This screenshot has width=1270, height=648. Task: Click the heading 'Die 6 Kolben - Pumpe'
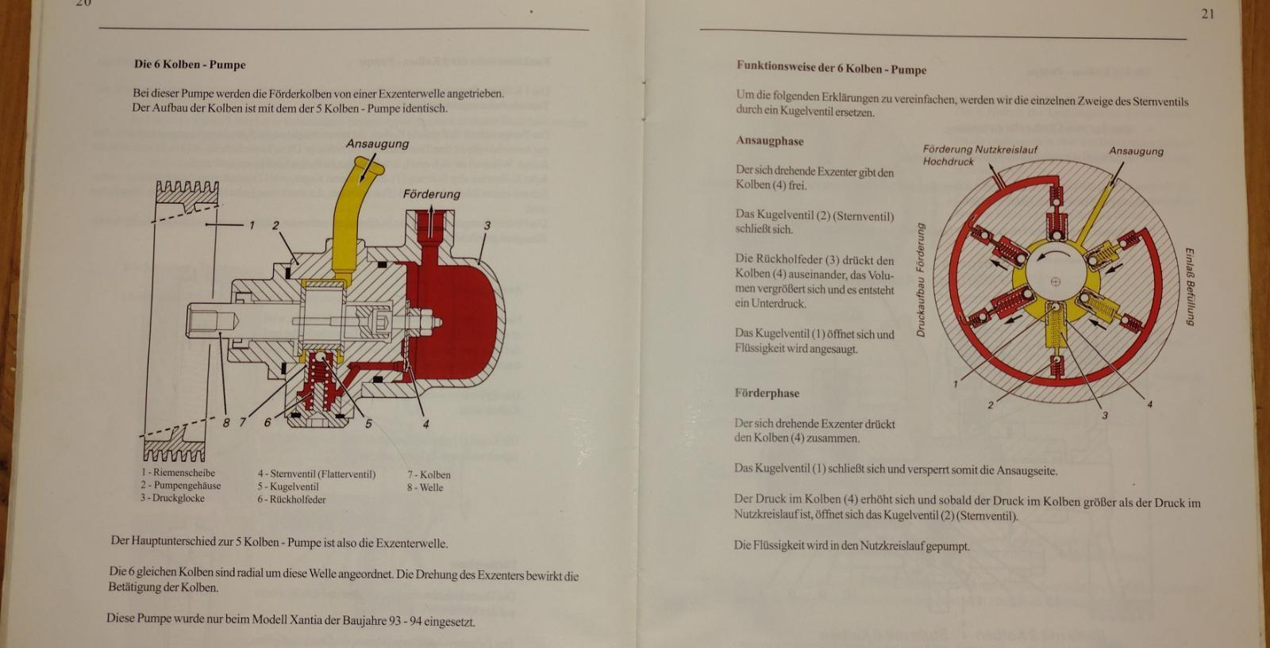coord(190,64)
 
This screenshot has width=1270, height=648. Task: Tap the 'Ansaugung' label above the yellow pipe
coord(377,144)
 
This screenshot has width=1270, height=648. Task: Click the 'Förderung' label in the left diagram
coord(432,194)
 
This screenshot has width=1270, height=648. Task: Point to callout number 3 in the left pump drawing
coord(487,225)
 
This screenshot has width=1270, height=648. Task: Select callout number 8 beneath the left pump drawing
coord(226,422)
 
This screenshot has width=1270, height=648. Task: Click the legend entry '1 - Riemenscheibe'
coord(178,473)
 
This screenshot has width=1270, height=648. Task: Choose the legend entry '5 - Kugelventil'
coord(288,486)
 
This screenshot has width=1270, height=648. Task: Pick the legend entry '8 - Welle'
coord(425,487)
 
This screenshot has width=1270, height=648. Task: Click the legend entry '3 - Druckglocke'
coord(172,498)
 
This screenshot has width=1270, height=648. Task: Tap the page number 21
coord(1207,13)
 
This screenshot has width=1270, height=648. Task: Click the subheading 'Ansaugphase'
coord(769,141)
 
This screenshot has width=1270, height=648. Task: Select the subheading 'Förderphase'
coord(767,393)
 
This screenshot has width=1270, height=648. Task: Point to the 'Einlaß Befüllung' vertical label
coord(1190,286)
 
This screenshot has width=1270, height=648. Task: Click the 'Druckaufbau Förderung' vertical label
coord(921,280)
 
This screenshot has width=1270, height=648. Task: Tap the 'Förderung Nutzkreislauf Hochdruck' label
coord(979,155)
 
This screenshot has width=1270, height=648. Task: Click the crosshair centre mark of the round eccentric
coord(1055,282)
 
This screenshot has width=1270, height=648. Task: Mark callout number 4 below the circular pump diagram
coord(1150,405)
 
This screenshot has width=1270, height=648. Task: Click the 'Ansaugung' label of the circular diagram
coord(1136,151)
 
